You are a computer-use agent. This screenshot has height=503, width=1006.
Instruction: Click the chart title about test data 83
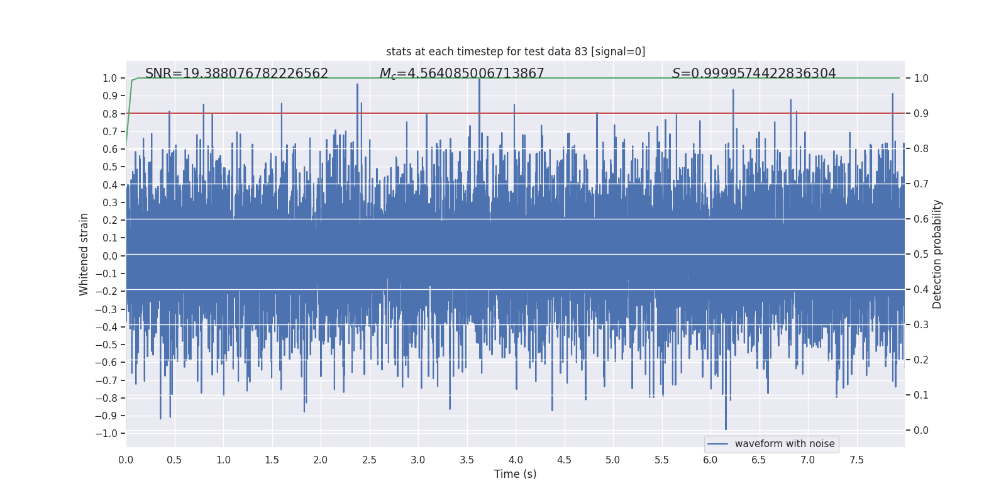(x=516, y=52)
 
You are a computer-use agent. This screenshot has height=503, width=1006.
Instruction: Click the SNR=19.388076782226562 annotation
(x=236, y=74)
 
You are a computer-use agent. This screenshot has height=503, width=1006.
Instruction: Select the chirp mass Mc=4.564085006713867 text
(x=462, y=74)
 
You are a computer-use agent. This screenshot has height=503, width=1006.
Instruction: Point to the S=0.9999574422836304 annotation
(x=754, y=74)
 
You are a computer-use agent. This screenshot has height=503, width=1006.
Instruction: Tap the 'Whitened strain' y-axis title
(x=84, y=254)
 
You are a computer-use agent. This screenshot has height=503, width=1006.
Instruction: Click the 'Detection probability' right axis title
(x=937, y=254)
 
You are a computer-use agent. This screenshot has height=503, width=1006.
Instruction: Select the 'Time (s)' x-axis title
(x=515, y=474)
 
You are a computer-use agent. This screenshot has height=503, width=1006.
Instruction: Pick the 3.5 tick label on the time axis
(x=467, y=460)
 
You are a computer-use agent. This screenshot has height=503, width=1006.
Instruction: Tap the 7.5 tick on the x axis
(x=856, y=460)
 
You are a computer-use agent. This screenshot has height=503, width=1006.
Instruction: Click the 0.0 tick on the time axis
(x=126, y=460)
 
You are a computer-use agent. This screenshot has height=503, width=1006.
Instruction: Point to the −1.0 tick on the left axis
(x=106, y=433)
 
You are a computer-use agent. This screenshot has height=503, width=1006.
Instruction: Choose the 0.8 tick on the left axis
(x=109, y=114)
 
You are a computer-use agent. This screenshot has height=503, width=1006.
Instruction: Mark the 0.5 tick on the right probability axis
(x=921, y=254)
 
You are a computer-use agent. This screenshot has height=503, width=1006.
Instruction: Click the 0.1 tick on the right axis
(x=921, y=395)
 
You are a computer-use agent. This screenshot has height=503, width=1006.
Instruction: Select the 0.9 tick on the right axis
(x=921, y=113)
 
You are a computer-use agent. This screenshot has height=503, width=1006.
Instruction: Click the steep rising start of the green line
(x=129, y=107)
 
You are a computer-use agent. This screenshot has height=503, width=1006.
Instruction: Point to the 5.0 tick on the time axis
(x=612, y=460)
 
